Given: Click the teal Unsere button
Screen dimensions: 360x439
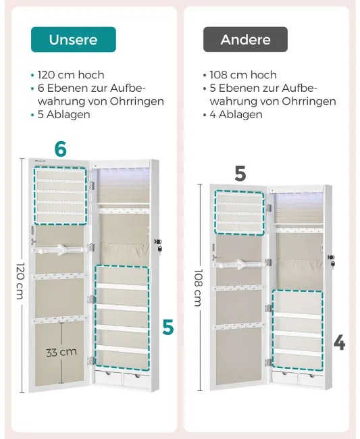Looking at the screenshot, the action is pyautogui.click(x=74, y=39).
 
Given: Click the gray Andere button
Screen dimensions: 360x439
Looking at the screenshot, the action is pyautogui.click(x=245, y=39).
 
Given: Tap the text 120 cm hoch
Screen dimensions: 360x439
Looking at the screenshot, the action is pyautogui.click(x=71, y=75).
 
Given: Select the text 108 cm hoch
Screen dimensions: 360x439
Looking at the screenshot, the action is pyautogui.click(x=243, y=75).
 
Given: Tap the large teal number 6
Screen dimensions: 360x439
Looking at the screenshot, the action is pyautogui.click(x=61, y=149).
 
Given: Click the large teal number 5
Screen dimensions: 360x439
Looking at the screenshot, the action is pyautogui.click(x=168, y=327).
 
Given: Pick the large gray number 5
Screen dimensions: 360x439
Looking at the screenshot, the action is pyautogui.click(x=240, y=174).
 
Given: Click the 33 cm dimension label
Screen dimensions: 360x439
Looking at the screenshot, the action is pyautogui.click(x=61, y=352).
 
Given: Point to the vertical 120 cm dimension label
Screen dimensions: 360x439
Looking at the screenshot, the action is pyautogui.click(x=20, y=281).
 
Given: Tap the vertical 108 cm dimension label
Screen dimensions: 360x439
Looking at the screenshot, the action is pyautogui.click(x=198, y=288).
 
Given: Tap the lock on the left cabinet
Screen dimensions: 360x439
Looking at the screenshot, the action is pyautogui.click(x=159, y=246).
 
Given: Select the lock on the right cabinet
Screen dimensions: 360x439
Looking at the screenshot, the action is pyautogui.click(x=332, y=261).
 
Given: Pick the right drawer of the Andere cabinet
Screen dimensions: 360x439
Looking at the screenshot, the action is pyautogui.click(x=310, y=379).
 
